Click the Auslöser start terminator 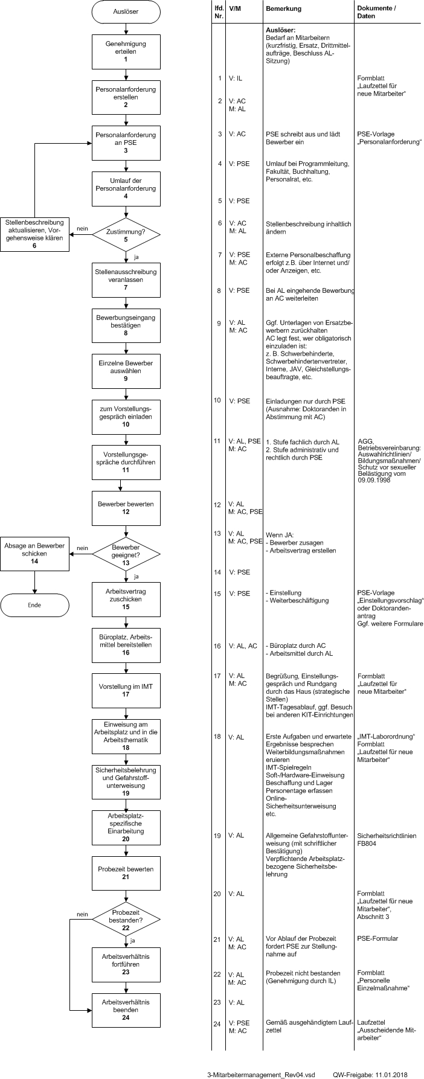(x=126, y=11)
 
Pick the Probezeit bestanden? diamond (x=126, y=919)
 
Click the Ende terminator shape (x=34, y=604)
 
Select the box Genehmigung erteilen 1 (x=126, y=51)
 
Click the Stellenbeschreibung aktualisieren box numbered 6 (x=34, y=234)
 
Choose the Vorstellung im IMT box (x=126, y=690)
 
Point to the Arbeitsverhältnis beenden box (x=126, y=1010)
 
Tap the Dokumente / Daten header (x=377, y=13)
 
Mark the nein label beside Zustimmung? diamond (x=82, y=228)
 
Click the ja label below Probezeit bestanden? (x=132, y=940)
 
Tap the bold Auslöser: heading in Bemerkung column (x=280, y=30)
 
